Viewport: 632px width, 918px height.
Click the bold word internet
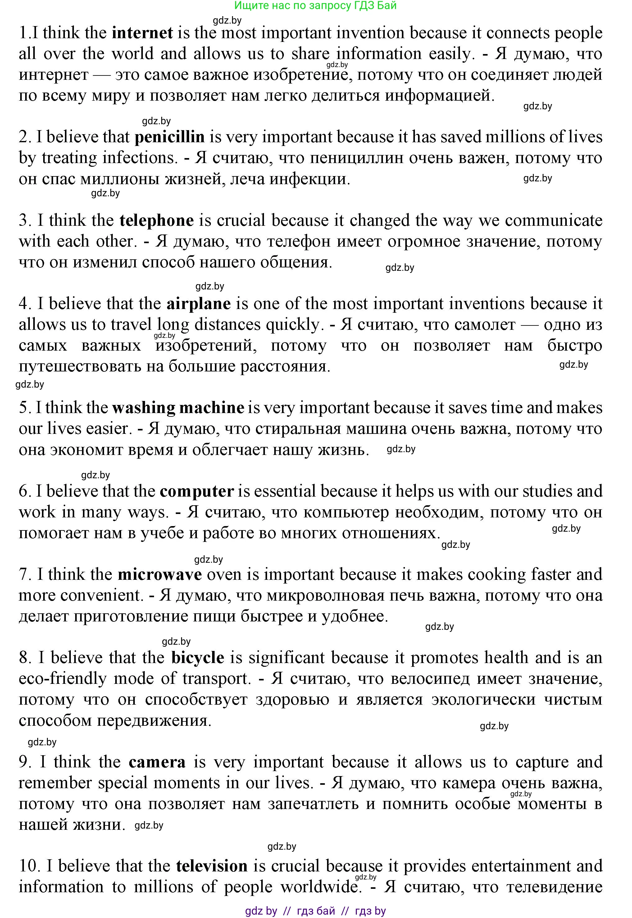143,33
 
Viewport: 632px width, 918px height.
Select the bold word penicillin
170,137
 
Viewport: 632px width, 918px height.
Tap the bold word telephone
157,220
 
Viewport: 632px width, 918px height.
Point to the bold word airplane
198,304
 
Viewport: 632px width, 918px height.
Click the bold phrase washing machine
178,408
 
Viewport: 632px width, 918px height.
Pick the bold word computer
197,491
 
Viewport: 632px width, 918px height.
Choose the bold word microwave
160,575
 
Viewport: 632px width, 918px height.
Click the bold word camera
157,762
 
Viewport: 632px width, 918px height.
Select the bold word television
212,866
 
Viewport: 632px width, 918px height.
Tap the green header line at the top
315,6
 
